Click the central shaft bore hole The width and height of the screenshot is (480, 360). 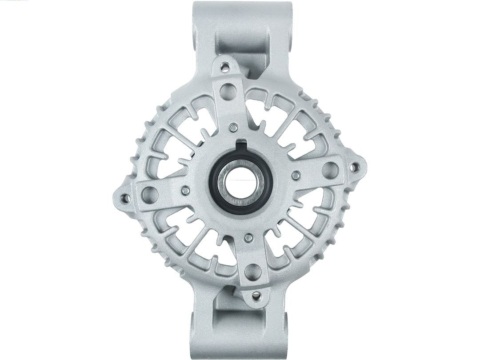[x=238, y=184]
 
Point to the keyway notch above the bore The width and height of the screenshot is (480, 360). [x=240, y=145]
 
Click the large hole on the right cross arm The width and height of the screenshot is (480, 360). [x=329, y=168]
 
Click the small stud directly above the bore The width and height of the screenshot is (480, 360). [x=232, y=128]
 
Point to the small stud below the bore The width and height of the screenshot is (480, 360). [x=248, y=238]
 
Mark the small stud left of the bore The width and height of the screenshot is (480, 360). [x=186, y=191]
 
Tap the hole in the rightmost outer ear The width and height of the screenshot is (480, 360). [x=354, y=167]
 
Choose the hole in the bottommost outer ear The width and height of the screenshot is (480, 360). [x=256, y=295]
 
